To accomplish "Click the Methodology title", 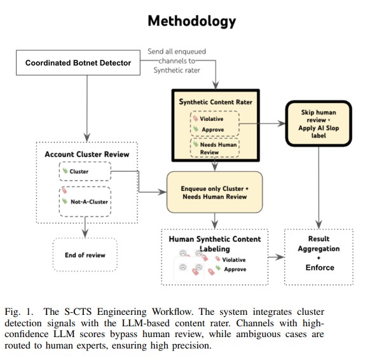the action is coord(191,21).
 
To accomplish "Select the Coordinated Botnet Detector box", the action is coord(78,63).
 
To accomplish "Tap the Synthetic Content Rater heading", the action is coord(216,102).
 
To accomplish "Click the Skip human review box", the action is coord(319,123).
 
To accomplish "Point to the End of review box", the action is coord(85,254).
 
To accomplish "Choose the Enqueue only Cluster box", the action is coord(214,192).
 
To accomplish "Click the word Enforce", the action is coord(320,268).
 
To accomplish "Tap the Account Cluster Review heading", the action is coord(87,154).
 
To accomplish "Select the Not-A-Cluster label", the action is coord(89,202).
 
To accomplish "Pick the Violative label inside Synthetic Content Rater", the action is coord(212,119).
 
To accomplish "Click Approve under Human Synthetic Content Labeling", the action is coord(235,269).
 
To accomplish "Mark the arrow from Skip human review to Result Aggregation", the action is coord(319,188).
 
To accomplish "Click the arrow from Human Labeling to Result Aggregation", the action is coord(277,257).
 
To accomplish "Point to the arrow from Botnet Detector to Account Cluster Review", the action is coord(87,109).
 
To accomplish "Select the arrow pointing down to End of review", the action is coord(85,227).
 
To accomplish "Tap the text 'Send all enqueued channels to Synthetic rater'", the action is coord(177,60).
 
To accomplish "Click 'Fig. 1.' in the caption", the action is coord(19,312).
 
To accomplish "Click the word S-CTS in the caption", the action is coord(78,312).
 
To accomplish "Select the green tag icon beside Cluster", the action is coord(65,170).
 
